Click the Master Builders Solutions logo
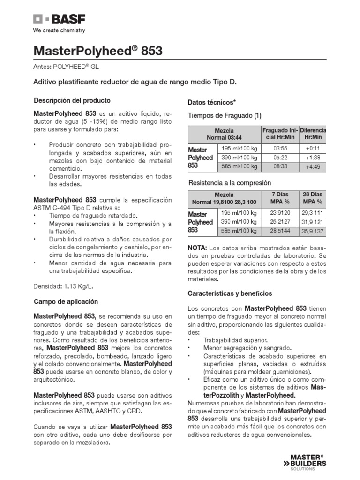point(308,460)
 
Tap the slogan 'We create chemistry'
point(59,30)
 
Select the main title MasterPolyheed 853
point(98,51)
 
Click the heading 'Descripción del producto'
point(72,100)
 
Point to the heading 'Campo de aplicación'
point(66,301)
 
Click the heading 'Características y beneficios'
point(230,293)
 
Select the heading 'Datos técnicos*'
point(211,102)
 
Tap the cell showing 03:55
point(279,149)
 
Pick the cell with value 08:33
point(279,166)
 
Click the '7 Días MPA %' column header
point(279,198)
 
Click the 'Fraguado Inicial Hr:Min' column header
point(279,134)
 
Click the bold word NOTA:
point(199,247)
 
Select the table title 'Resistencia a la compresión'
point(230,182)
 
